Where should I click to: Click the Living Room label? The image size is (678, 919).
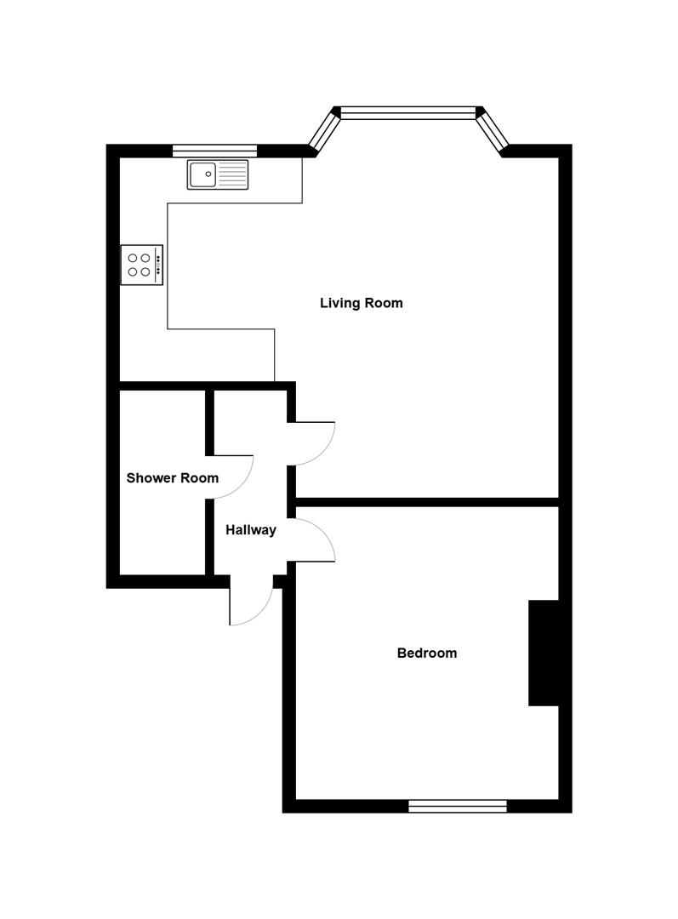[361, 303]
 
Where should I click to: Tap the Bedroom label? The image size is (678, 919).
[427, 654]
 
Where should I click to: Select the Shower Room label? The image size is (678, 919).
[172, 478]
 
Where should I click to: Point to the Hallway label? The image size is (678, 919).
[251, 530]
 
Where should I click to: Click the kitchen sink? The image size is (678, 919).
[218, 174]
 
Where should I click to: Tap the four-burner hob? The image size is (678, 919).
[141, 265]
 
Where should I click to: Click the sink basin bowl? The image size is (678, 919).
[203, 174]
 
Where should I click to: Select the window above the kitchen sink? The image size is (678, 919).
[214, 151]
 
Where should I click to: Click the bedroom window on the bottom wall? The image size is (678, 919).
[458, 806]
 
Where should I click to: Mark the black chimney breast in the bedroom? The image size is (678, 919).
[544, 653]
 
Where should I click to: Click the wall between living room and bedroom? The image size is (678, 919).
[425, 502]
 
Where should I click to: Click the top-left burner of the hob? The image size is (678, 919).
[134, 257]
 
